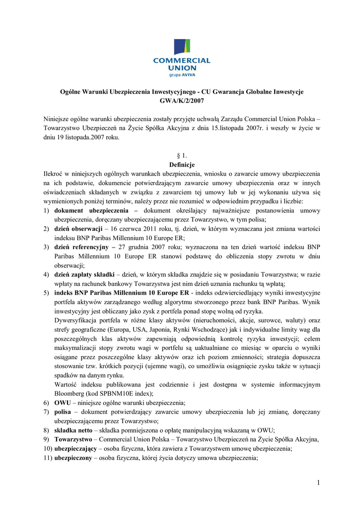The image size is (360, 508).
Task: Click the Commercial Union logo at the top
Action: tap(181, 58)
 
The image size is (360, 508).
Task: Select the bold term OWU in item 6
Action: tap(62, 402)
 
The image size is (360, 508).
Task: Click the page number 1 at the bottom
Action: tap(318, 483)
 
